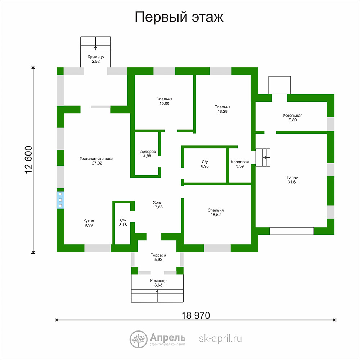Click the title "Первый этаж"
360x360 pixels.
pyautogui.click(x=179, y=17)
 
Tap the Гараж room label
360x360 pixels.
pyautogui.click(x=293, y=177)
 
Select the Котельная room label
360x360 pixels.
pyautogui.click(x=293, y=116)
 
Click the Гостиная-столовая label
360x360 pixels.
pyautogui.click(x=97, y=159)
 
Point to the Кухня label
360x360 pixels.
pyautogui.click(x=89, y=221)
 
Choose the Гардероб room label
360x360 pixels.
pyautogui.click(x=147, y=152)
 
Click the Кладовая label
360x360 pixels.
pyautogui.click(x=240, y=162)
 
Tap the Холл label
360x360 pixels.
pyautogui.click(x=158, y=202)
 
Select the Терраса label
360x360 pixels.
pyautogui.click(x=158, y=255)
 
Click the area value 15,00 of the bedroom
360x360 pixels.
pyautogui.click(x=165, y=104)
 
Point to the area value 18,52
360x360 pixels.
pyautogui.click(x=216, y=215)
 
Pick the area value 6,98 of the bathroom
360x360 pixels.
pyautogui.click(x=204, y=166)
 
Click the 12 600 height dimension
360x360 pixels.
pyautogui.click(x=28, y=159)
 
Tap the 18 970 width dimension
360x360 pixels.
pyautogui.click(x=195, y=315)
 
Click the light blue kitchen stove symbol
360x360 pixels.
pyautogui.click(x=60, y=200)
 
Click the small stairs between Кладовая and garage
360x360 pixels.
pyautogui.click(x=263, y=158)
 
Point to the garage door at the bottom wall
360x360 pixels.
pyautogui.click(x=291, y=231)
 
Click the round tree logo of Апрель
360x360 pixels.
pyautogui.click(x=139, y=339)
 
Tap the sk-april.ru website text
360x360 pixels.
pyautogui.click(x=220, y=339)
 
